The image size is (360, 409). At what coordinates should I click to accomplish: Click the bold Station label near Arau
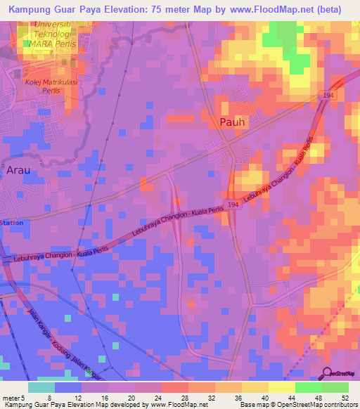(12, 222)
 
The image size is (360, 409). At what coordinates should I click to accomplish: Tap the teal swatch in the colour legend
(41, 387)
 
